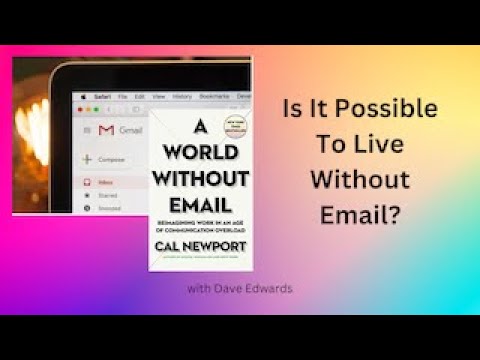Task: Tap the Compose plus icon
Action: (x=88, y=159)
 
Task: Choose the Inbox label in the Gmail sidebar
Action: (x=105, y=182)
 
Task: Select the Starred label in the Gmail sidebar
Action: (x=106, y=195)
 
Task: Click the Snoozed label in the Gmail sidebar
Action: (x=108, y=208)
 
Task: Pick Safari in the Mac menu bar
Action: (x=102, y=97)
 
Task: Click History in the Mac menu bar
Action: (x=181, y=97)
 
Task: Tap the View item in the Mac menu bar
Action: (x=157, y=97)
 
